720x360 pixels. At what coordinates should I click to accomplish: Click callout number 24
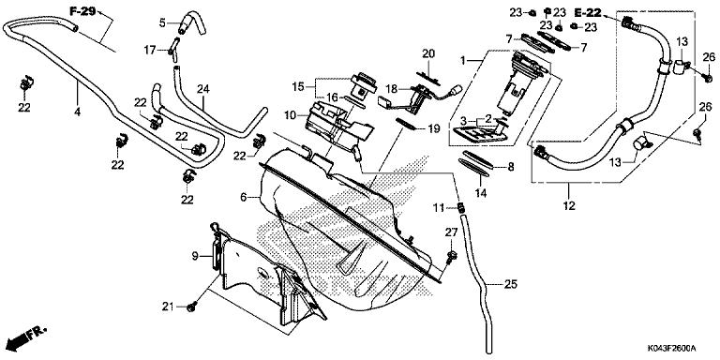coord(202,90)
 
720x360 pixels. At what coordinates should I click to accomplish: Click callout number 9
coord(195,255)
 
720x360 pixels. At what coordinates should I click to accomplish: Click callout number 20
coord(428,52)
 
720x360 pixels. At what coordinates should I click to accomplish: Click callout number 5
coord(160,22)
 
